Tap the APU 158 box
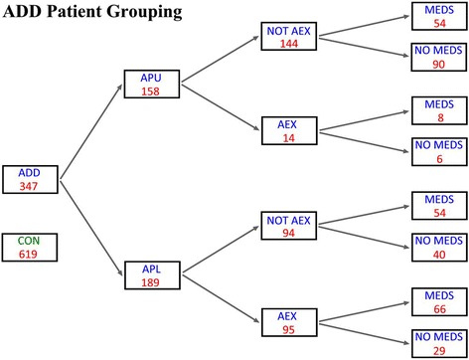(x=153, y=84)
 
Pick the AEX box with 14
(x=288, y=130)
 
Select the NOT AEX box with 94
(x=288, y=225)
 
